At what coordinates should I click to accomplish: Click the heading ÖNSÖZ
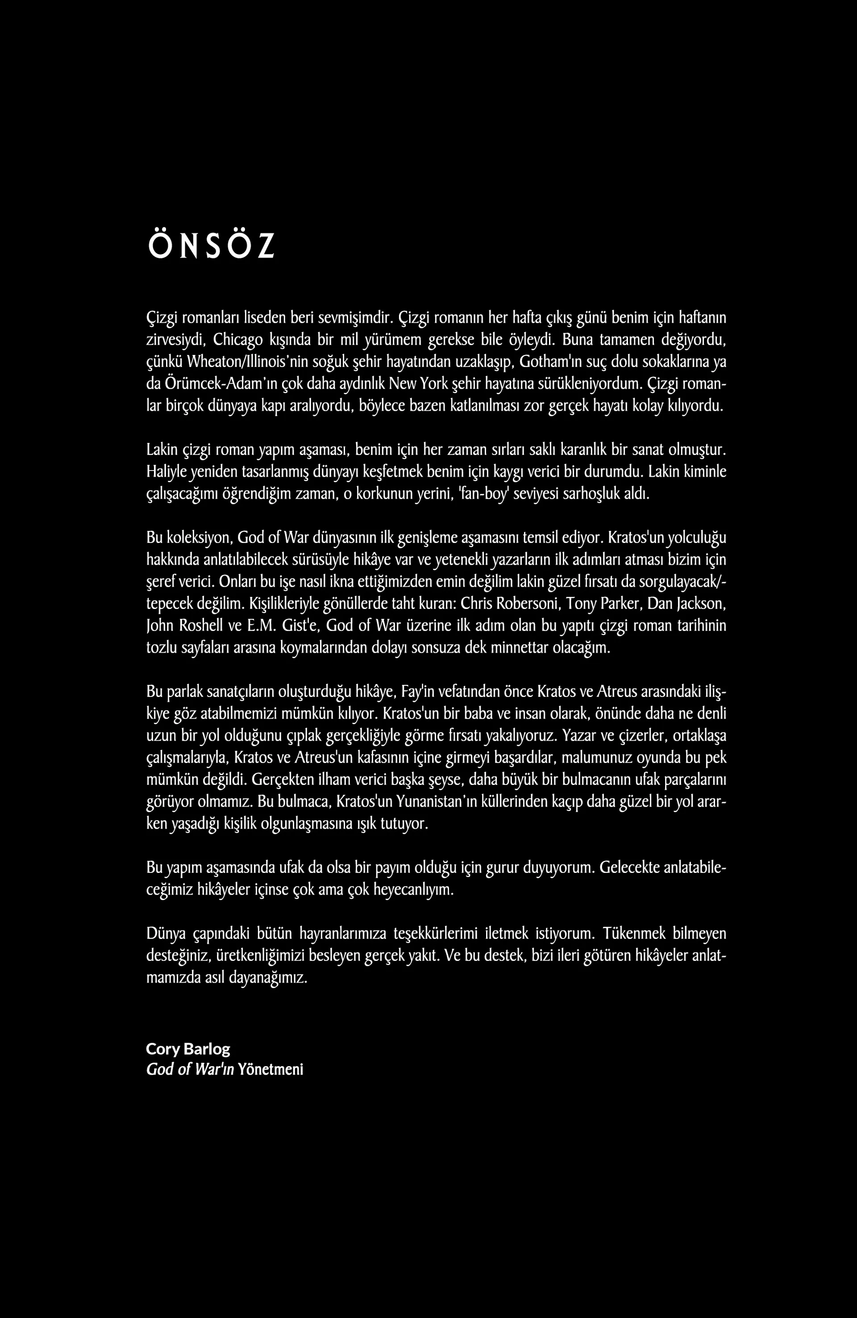[x=211, y=245]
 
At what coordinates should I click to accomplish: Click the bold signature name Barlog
[x=209, y=1049]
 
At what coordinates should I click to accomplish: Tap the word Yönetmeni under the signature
[x=271, y=1069]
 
